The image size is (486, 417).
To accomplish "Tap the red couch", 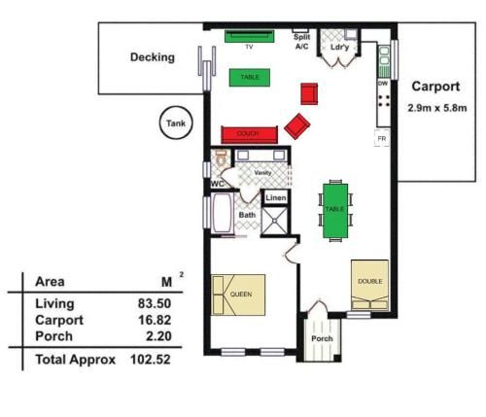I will pyautogui.click(x=250, y=134).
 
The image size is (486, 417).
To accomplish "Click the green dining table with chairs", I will pyautogui.click(x=335, y=209).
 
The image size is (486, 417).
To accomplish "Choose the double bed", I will pyautogui.click(x=368, y=282).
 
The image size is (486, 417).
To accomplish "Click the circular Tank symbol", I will pyautogui.click(x=175, y=123).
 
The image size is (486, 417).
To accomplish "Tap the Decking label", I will pyautogui.click(x=153, y=57).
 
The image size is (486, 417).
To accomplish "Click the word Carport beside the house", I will pyautogui.click(x=435, y=87).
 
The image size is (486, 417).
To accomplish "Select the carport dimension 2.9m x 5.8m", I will pyautogui.click(x=436, y=109).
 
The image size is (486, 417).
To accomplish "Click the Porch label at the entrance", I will pyautogui.click(x=322, y=339).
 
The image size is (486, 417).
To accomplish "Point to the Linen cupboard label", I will pyautogui.click(x=275, y=197).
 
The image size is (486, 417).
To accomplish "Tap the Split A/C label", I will pyautogui.click(x=302, y=41).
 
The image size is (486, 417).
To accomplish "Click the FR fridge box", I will pyautogui.click(x=382, y=140).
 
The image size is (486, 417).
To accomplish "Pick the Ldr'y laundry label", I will pyautogui.click(x=339, y=47).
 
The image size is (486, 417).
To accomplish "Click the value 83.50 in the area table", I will pyautogui.click(x=156, y=303).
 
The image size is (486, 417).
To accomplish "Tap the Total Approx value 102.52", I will pyautogui.click(x=153, y=359).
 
